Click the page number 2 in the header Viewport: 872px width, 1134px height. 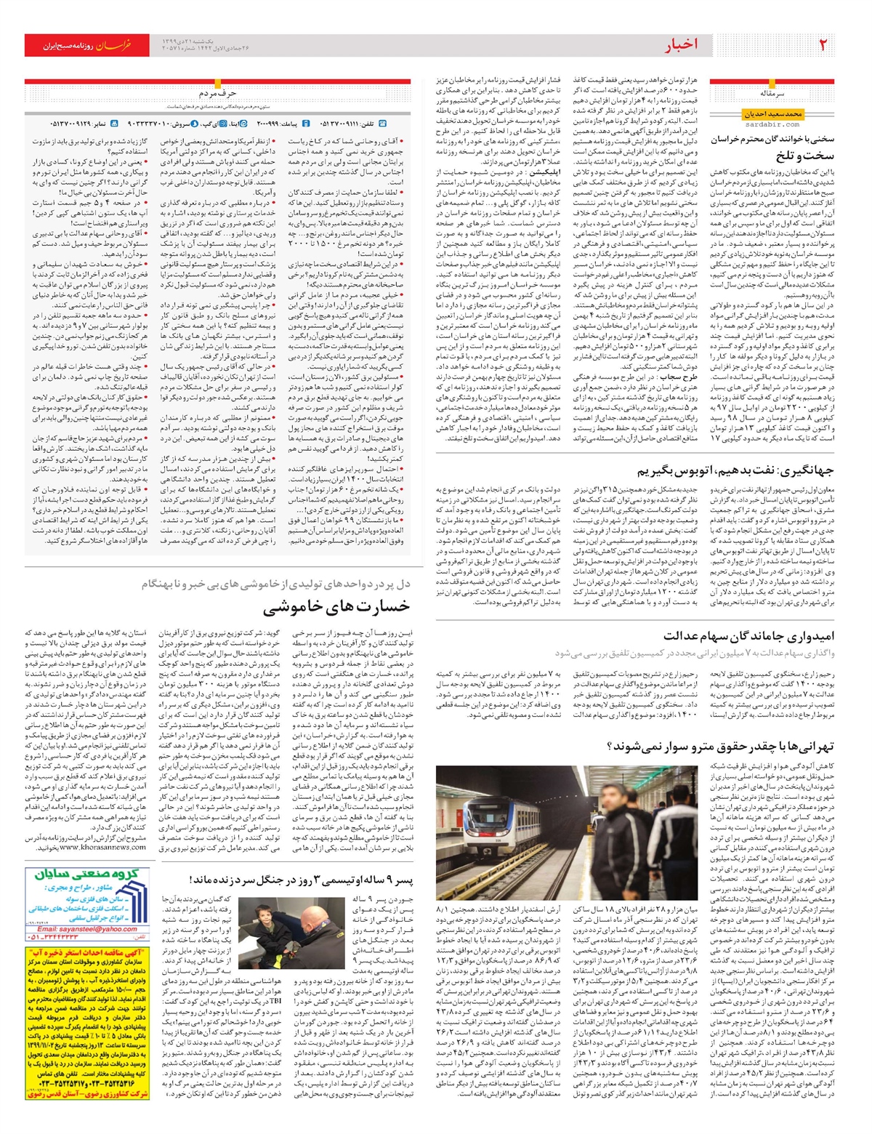point(823,44)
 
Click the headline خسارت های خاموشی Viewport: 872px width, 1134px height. point(336,607)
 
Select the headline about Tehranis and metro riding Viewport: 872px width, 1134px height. point(719,746)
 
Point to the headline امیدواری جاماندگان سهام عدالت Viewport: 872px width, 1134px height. point(748,636)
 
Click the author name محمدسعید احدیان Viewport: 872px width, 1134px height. point(772,114)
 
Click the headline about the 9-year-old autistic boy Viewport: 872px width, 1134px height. point(301,880)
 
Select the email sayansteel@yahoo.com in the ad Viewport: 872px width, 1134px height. point(87,929)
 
